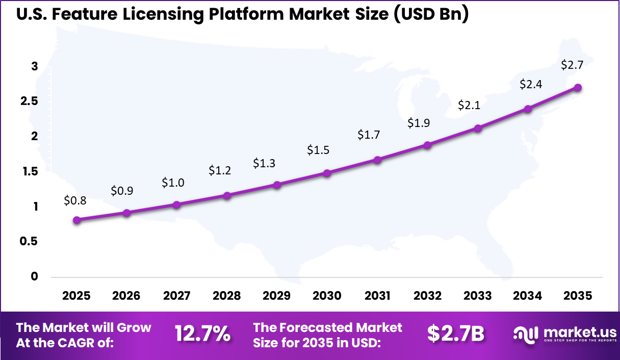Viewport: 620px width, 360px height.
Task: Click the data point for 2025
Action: [x=77, y=220]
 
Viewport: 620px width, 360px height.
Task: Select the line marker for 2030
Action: [x=327, y=173]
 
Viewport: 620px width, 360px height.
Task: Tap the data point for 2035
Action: [x=578, y=87]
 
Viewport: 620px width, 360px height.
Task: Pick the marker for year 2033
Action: [x=478, y=128]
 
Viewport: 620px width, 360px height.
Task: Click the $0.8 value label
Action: [x=75, y=200]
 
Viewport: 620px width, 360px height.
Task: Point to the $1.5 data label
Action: [x=318, y=150]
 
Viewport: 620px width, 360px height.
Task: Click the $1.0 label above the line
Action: [x=173, y=183]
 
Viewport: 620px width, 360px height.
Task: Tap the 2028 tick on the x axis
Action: [x=227, y=296]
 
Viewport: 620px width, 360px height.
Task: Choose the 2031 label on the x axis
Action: [x=378, y=296]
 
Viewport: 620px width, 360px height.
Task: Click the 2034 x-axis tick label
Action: [x=528, y=296]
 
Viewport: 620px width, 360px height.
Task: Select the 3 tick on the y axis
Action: [x=35, y=66]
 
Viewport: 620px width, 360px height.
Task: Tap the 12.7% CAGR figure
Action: [x=202, y=334]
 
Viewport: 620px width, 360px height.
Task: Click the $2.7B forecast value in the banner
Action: [x=455, y=334]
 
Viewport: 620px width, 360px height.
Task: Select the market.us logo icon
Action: [x=526, y=335]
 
